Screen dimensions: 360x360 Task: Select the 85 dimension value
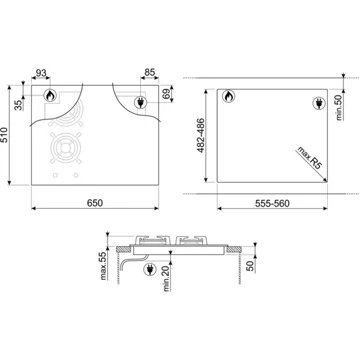click(149, 72)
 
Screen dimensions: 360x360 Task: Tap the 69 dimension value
click(167, 94)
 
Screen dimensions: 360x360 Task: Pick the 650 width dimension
click(93, 204)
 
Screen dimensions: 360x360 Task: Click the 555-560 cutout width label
click(269, 205)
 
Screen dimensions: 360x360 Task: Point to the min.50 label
click(337, 103)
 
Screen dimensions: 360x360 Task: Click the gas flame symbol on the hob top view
click(49, 96)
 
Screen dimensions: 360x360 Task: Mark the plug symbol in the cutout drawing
click(317, 99)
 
